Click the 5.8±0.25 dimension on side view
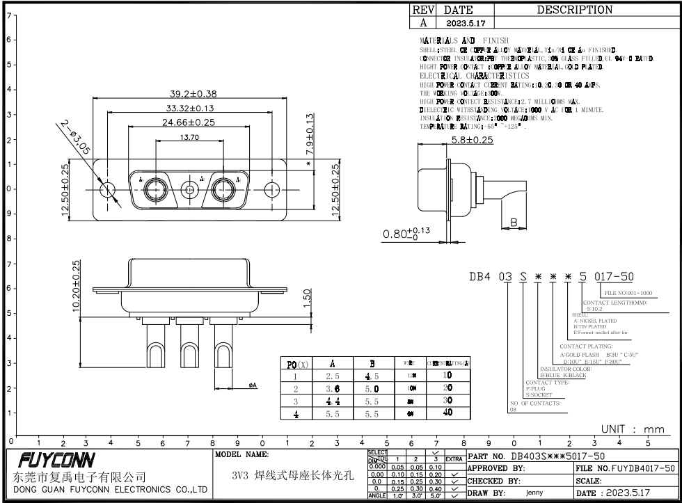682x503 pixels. (x=472, y=140)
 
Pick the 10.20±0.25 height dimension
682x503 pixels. (x=76, y=286)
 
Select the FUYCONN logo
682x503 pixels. (x=54, y=461)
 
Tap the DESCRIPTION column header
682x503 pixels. (x=575, y=10)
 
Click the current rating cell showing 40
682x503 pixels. (x=448, y=413)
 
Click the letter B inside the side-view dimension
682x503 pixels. (x=514, y=223)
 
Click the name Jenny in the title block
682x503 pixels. (x=534, y=492)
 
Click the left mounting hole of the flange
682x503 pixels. (x=107, y=189)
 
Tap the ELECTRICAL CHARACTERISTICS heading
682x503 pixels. (x=474, y=76)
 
